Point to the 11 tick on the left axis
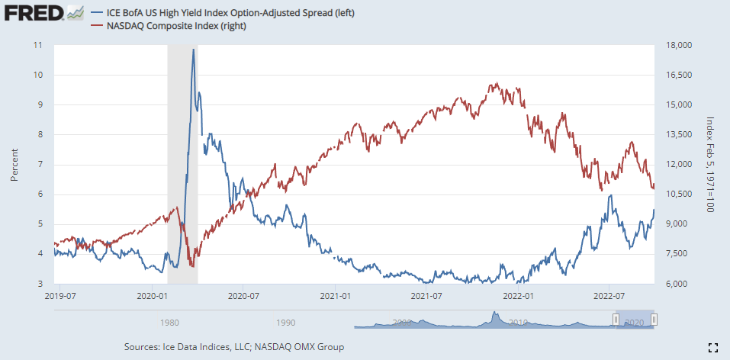[39, 45]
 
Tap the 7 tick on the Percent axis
[41, 164]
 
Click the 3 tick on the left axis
[41, 284]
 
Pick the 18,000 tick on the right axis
[678, 45]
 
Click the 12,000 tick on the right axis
[678, 164]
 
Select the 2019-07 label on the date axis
[63, 294]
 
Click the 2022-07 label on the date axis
[609, 294]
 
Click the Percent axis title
[14, 164]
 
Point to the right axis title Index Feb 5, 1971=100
[709, 164]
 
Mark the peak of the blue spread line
[193, 50]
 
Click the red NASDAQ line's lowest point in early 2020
[192, 266]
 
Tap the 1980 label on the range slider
[169, 323]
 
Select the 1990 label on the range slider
[286, 323]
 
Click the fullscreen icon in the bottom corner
[712, 347]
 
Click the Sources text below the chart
[233, 347]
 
